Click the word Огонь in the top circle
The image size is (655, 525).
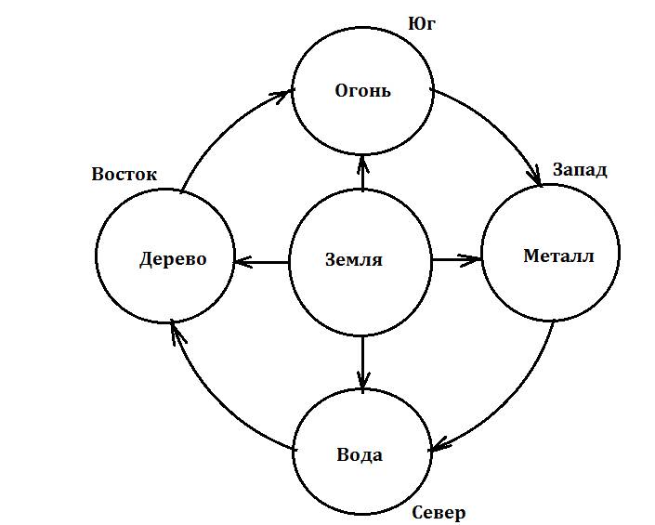click(x=362, y=91)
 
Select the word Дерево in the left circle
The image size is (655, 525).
click(x=173, y=258)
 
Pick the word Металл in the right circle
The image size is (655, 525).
click(x=557, y=256)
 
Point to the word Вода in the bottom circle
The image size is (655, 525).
click(x=359, y=455)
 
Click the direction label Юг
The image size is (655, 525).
click(x=421, y=23)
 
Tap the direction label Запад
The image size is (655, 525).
click(x=580, y=170)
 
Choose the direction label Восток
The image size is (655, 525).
click(x=124, y=174)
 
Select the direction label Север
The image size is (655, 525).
click(x=438, y=512)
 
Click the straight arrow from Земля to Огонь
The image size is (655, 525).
click(x=362, y=174)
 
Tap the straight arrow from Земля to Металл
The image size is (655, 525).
click(x=456, y=259)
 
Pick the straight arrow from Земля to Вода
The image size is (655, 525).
click(x=362, y=362)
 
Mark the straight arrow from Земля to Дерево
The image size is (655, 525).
click(x=262, y=262)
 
